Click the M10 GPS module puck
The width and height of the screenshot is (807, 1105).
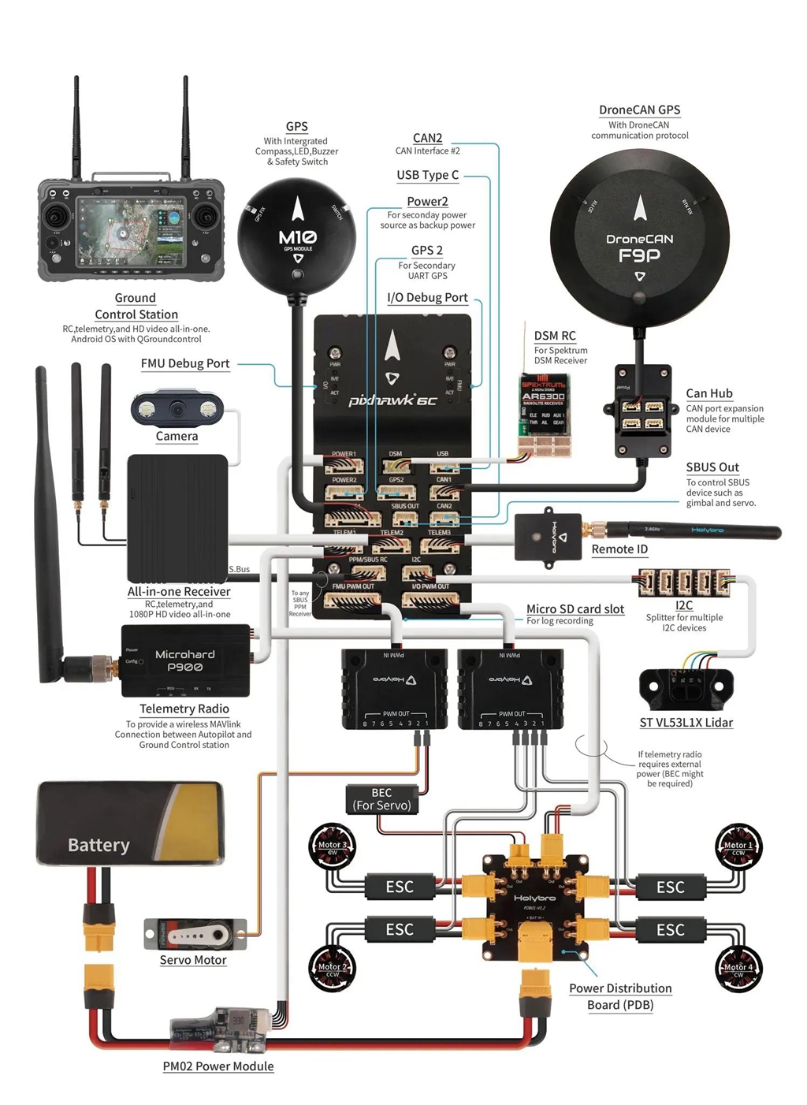[297, 234]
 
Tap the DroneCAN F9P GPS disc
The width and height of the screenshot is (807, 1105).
[639, 237]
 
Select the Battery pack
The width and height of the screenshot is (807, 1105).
[130, 824]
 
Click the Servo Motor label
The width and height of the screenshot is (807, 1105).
[193, 960]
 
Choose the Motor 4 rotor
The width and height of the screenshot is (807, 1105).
[739, 968]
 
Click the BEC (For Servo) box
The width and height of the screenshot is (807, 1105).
[381, 799]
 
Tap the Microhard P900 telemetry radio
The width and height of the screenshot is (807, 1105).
[185, 661]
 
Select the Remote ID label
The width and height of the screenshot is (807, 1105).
[619, 549]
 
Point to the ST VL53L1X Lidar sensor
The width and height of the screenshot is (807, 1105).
[686, 690]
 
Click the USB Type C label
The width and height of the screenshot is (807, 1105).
[427, 175]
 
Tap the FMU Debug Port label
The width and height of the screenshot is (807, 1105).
[185, 363]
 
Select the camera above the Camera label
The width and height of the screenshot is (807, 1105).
[177, 408]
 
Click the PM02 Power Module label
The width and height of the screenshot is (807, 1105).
[218, 1066]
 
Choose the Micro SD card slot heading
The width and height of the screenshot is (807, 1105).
[575, 609]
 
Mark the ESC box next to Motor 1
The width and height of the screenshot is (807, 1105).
[671, 887]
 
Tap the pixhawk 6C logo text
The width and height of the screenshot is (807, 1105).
[392, 400]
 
